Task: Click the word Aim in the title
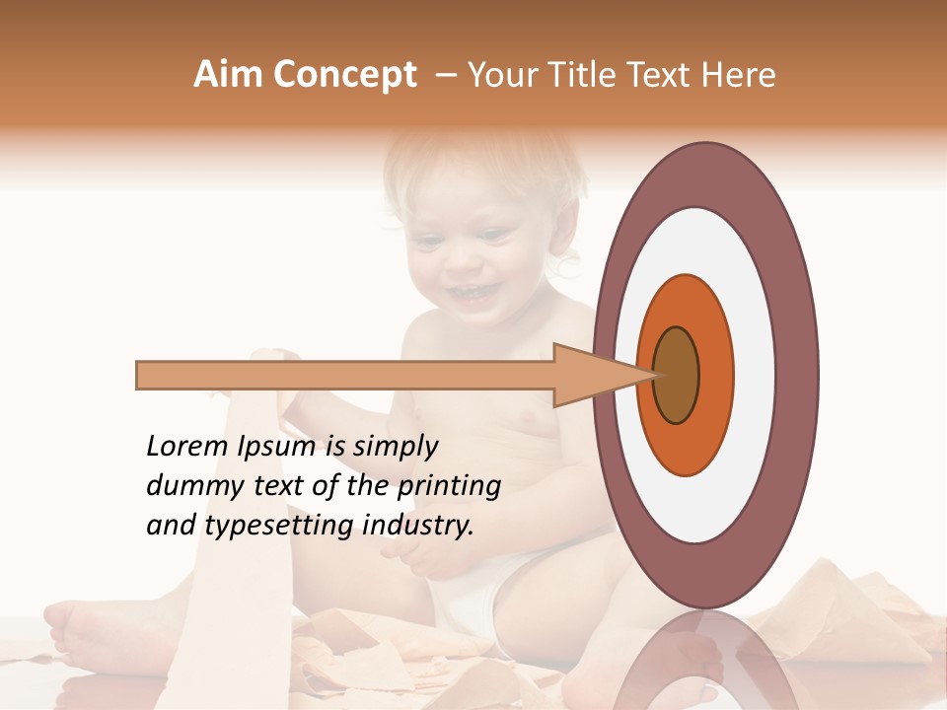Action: pyautogui.click(x=229, y=75)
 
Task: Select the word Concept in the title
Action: pyautogui.click(x=344, y=76)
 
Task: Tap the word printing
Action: pyautogui.click(x=449, y=487)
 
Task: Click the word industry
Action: pyautogui.click(x=418, y=526)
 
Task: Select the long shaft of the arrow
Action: pyautogui.click(x=345, y=375)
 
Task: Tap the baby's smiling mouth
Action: pyautogui.click(x=472, y=293)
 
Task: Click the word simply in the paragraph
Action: pyautogui.click(x=395, y=447)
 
